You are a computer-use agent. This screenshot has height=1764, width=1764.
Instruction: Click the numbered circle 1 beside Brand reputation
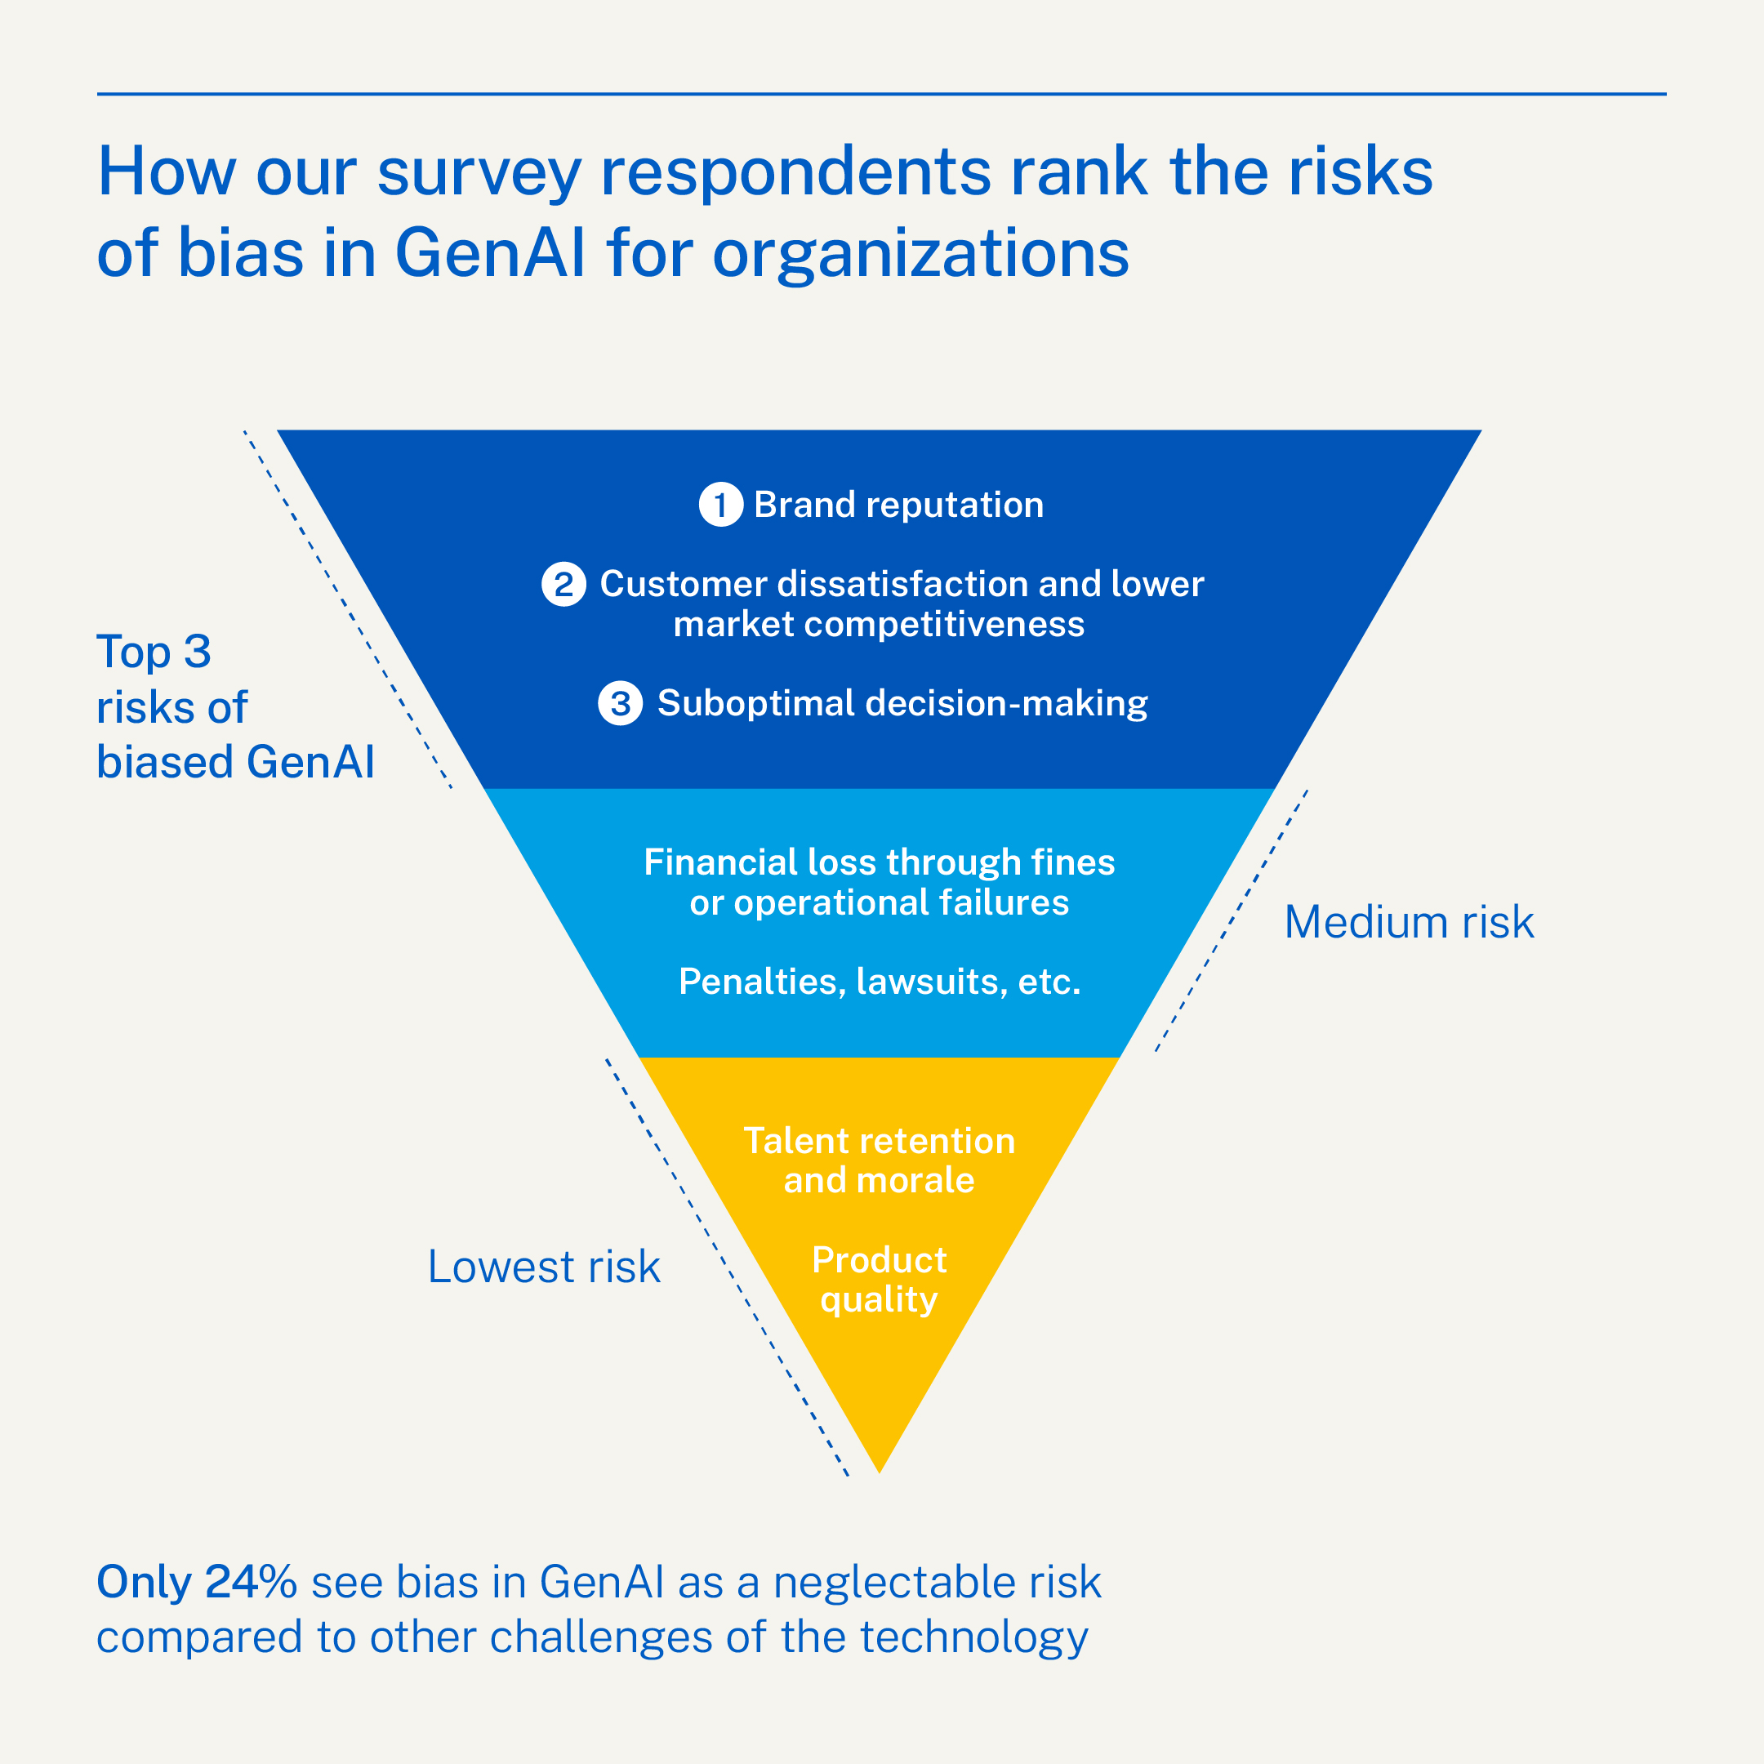click(720, 505)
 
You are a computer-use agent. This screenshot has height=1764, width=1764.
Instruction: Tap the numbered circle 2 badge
click(564, 585)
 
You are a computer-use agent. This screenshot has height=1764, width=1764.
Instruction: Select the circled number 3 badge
click(620, 703)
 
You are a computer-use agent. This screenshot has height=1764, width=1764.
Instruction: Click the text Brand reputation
click(898, 505)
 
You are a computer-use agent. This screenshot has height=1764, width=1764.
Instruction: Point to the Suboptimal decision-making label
click(902, 703)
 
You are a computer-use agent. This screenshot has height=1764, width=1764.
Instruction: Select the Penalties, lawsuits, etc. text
click(880, 982)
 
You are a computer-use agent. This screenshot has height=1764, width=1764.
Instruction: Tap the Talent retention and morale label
click(880, 1160)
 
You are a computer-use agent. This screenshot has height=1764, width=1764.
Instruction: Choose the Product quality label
click(880, 1279)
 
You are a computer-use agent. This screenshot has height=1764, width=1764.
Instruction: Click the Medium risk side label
click(1409, 922)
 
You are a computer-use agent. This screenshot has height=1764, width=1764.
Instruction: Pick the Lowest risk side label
click(543, 1267)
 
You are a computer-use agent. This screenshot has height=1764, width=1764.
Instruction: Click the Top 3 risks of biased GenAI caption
click(234, 706)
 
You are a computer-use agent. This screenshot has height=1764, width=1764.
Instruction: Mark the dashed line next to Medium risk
click(1232, 920)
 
